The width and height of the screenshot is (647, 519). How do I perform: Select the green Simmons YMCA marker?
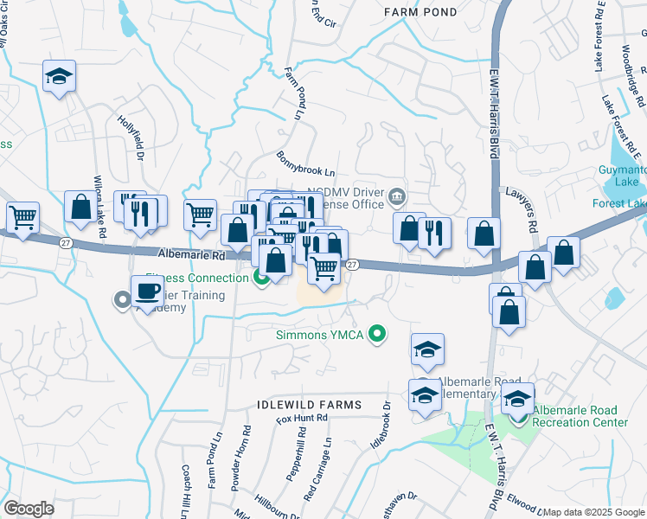(x=376, y=333)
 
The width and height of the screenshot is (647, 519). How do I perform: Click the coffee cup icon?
(x=147, y=292)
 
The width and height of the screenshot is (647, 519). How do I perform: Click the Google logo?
(x=29, y=509)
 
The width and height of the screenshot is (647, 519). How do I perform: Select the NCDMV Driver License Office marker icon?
(x=397, y=195)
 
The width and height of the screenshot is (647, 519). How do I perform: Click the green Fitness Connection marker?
(x=259, y=278)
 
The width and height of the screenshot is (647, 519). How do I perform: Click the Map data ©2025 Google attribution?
(x=593, y=512)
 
